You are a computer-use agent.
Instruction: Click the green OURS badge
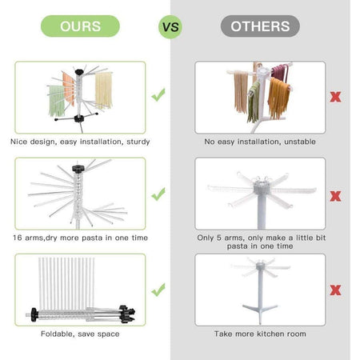[x=80, y=26]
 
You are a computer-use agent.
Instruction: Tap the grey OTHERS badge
[x=260, y=26]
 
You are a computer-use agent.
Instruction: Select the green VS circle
[x=170, y=27]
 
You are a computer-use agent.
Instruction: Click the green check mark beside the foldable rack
[x=158, y=290]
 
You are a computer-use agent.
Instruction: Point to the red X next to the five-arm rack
[x=335, y=196]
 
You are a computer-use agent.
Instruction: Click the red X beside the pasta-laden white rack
[x=335, y=97]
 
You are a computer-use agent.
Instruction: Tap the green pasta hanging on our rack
[x=56, y=101]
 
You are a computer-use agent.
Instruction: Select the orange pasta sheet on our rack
[x=69, y=89]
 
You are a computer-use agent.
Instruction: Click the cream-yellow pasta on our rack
[x=103, y=90]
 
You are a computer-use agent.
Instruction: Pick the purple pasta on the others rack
[x=280, y=73]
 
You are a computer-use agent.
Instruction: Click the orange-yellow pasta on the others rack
[x=278, y=98]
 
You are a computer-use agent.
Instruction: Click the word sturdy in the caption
[x=138, y=142]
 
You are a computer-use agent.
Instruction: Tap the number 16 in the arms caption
[x=17, y=238]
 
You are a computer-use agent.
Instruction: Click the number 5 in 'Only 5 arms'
[x=218, y=238]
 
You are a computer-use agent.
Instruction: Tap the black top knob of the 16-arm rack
[x=78, y=169]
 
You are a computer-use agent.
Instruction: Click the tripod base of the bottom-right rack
[x=260, y=311]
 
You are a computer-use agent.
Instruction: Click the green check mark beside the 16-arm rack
[x=158, y=194]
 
